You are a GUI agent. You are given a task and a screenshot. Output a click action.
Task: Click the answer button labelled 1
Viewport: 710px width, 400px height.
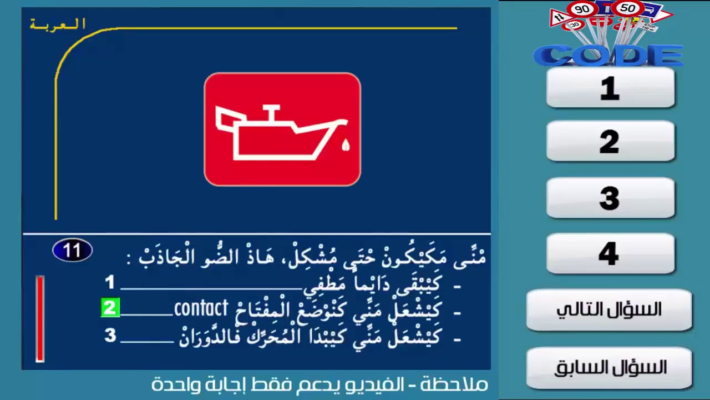[x=610, y=88]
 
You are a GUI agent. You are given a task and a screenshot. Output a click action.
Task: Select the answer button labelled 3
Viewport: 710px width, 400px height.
[x=610, y=198]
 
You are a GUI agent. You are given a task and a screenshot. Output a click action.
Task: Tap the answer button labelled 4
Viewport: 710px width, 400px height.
[x=610, y=253]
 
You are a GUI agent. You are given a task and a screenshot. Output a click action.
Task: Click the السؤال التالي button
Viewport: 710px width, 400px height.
[x=609, y=309]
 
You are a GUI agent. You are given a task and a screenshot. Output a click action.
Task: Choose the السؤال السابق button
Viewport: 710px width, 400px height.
[x=609, y=367]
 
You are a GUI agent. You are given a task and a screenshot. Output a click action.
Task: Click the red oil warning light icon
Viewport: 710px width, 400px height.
[x=282, y=129]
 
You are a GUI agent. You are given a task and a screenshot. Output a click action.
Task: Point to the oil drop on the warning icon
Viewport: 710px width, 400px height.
[x=346, y=146]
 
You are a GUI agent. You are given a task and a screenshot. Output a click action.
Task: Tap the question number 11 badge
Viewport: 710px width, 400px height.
[x=72, y=251]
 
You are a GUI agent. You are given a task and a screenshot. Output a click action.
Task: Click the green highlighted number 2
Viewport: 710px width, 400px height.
[x=110, y=308]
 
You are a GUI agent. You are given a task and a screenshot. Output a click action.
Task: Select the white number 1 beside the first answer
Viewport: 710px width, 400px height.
[x=110, y=283]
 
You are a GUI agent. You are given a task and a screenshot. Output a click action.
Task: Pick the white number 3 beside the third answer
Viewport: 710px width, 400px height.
[x=110, y=335]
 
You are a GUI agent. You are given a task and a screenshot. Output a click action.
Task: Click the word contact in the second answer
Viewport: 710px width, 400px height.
[x=201, y=308]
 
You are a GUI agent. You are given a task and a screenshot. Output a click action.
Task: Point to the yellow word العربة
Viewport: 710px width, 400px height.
[x=58, y=24]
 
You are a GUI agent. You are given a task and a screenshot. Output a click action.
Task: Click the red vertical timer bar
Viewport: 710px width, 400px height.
[x=40, y=318]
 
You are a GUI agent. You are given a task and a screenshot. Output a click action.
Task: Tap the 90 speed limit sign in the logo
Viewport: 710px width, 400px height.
[x=582, y=9]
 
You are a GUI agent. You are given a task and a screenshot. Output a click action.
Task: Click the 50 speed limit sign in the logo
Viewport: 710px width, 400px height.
[x=627, y=8]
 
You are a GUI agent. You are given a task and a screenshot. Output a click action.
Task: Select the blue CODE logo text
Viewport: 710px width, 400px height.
[x=608, y=56]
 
